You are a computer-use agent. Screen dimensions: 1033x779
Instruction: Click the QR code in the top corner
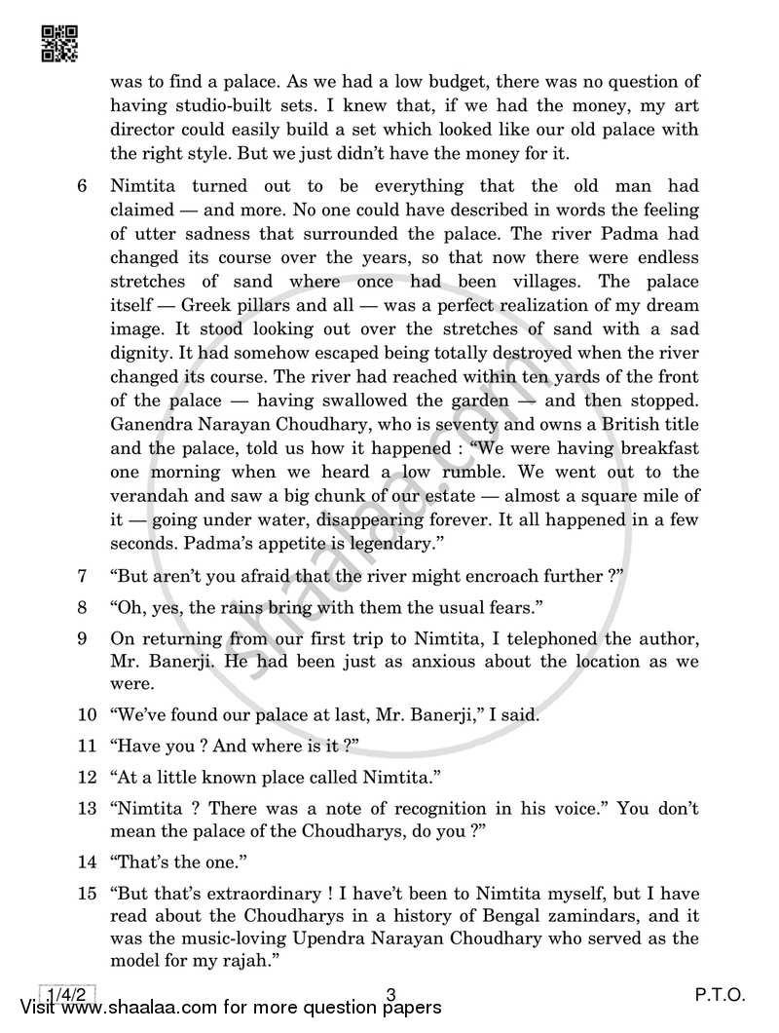(60, 43)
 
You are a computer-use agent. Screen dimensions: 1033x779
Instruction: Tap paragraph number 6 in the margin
(82, 186)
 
